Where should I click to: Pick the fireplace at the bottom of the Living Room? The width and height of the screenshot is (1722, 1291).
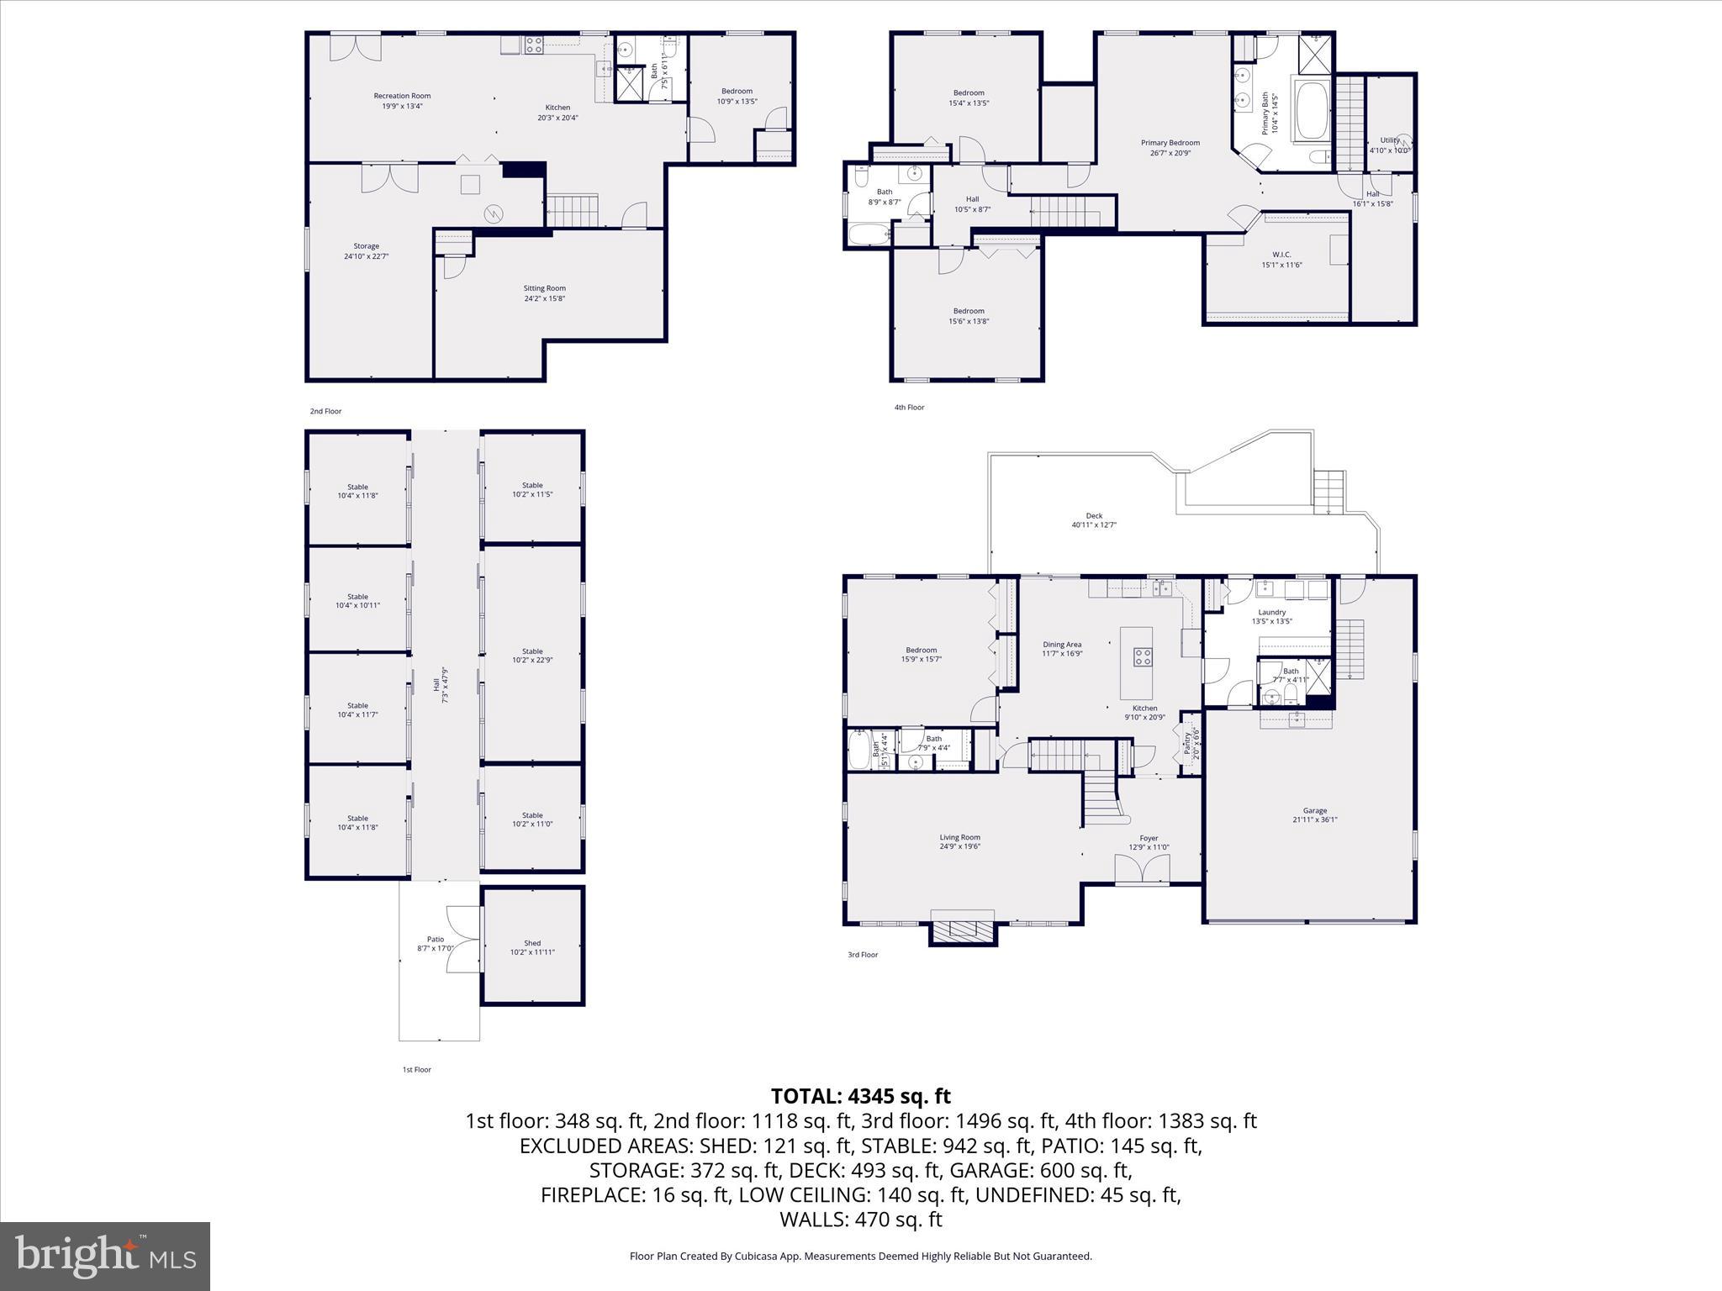[x=963, y=930]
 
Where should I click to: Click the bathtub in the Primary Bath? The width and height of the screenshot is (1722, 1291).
[x=1311, y=110]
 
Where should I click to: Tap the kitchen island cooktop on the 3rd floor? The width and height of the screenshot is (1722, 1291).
[x=1142, y=656]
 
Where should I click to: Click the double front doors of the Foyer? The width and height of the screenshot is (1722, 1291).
[x=1141, y=869]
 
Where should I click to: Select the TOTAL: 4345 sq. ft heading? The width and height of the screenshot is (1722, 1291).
[x=860, y=1096]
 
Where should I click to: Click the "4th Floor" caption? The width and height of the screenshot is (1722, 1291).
[x=909, y=408]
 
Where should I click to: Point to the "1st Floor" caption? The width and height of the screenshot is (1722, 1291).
[x=416, y=1070]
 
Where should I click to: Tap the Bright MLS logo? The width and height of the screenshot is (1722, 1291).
[x=105, y=1256]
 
